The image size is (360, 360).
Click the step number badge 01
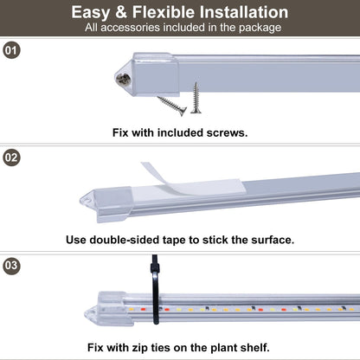pyautogui.click(x=11, y=50)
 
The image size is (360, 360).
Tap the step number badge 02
pyautogui.click(x=11, y=158)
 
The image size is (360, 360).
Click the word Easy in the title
pyautogui.click(x=93, y=12)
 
